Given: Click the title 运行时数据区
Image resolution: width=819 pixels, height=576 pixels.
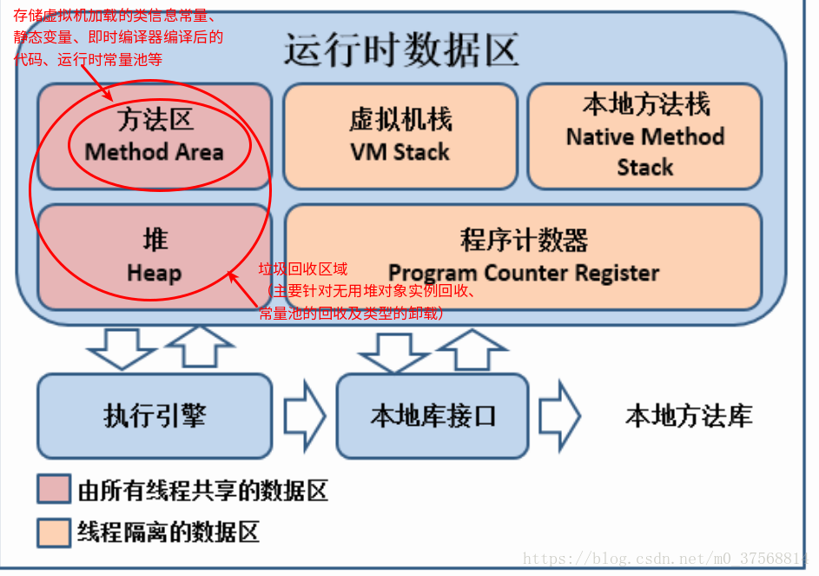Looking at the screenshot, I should (x=401, y=50).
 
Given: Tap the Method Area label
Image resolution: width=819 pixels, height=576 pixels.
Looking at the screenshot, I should (x=155, y=152).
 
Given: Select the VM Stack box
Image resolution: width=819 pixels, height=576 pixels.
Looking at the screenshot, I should (x=400, y=136).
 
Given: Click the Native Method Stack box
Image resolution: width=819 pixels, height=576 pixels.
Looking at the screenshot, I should (x=644, y=136).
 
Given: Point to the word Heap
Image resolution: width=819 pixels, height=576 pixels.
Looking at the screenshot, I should (x=155, y=273).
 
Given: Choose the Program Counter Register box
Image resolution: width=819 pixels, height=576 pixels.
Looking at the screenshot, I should (x=524, y=257).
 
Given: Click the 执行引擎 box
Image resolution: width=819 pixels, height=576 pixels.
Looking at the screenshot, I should (x=155, y=415).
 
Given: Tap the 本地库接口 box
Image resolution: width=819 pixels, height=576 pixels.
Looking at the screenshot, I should (x=433, y=415).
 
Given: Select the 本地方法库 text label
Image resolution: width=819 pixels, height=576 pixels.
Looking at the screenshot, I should (x=689, y=415).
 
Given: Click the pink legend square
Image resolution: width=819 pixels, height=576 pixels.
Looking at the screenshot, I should (x=53, y=489).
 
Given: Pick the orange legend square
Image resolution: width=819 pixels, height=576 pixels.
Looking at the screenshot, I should (x=53, y=531).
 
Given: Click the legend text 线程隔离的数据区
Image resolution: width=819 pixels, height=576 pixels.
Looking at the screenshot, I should (x=168, y=531).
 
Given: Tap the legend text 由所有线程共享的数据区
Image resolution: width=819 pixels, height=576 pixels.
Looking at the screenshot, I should (x=202, y=490).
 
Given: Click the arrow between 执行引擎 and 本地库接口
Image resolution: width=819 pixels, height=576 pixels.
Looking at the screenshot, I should (x=304, y=416).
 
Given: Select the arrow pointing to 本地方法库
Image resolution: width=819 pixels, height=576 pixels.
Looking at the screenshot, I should (x=558, y=415).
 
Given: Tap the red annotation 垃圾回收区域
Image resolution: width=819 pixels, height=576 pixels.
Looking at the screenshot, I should (x=303, y=270).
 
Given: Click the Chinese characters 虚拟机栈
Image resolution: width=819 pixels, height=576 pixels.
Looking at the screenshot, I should (x=400, y=120).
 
